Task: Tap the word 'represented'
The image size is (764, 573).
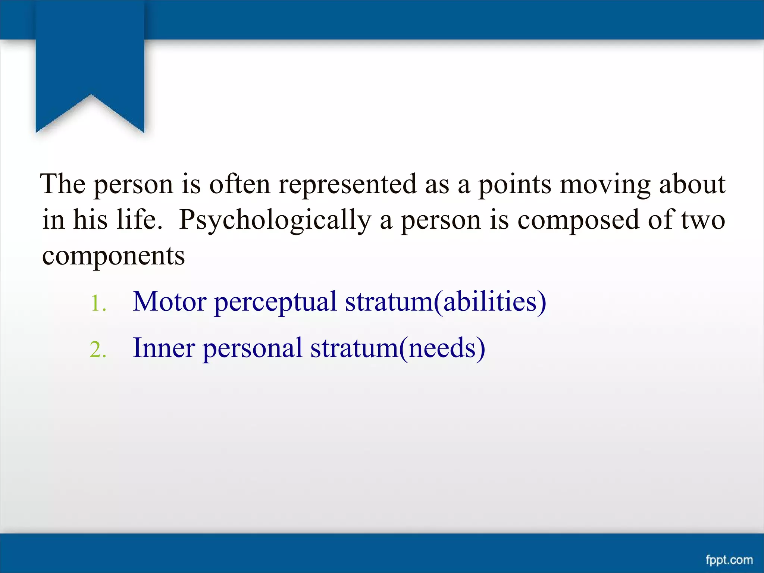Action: [x=347, y=185]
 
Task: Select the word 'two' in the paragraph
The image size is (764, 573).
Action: [x=703, y=220]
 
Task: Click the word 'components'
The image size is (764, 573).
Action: [x=113, y=256]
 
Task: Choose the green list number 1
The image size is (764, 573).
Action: [x=98, y=303]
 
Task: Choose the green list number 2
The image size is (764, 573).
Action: [x=98, y=350]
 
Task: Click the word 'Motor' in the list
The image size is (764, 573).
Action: [x=170, y=301]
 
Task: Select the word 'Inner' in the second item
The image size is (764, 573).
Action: [x=164, y=348]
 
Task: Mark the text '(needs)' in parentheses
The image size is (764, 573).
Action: [x=442, y=348]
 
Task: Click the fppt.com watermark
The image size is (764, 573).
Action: [x=729, y=560]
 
